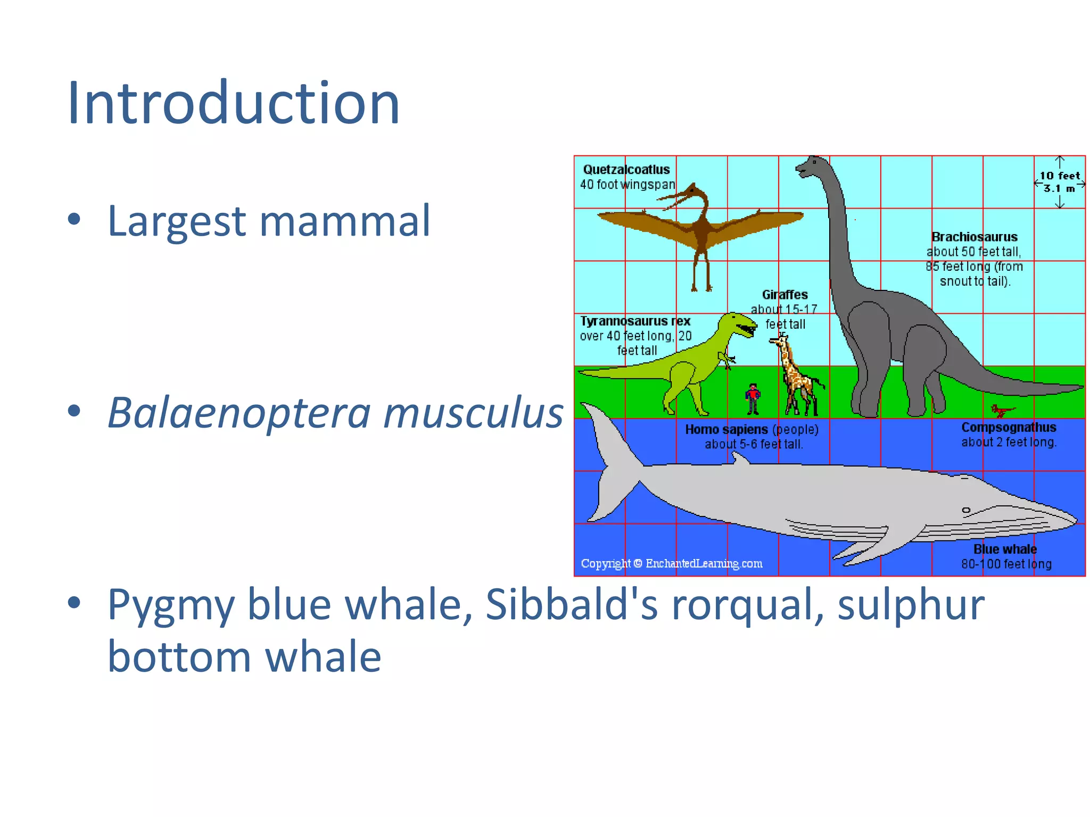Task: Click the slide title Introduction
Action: (233, 103)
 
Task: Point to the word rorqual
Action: (748, 605)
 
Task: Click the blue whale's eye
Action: (966, 510)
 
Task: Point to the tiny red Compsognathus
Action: (1002, 411)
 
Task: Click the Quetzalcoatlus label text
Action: (626, 170)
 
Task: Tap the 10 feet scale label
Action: (1059, 176)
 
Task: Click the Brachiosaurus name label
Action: (974, 237)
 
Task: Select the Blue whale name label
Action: (1005, 549)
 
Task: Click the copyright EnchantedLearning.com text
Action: (672, 563)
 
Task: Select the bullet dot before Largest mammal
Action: (75, 219)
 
